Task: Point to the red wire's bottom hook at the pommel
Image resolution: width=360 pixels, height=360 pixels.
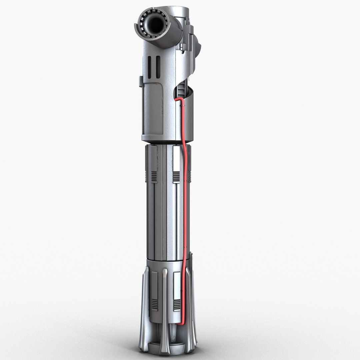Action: pyautogui.click(x=180, y=323)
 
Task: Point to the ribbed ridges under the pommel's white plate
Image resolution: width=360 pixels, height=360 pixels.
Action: pyautogui.click(x=177, y=305)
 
